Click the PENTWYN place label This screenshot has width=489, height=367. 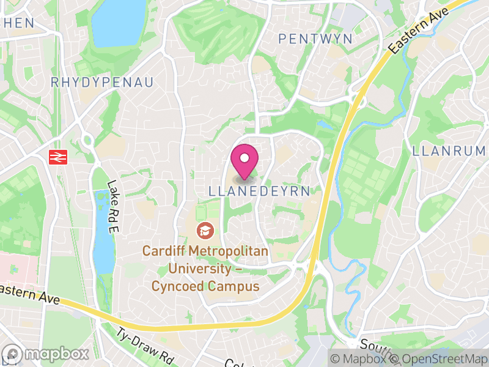pos(315,39)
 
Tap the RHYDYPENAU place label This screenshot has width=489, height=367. pos(101,82)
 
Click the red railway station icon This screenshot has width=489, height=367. pos(58,157)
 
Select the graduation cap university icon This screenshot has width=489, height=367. pos(204,231)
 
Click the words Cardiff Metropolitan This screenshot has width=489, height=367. pos(205,251)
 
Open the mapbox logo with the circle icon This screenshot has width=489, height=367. pos(46,354)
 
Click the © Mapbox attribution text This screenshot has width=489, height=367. pos(358,358)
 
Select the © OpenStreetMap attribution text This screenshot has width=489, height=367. pos(438,358)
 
